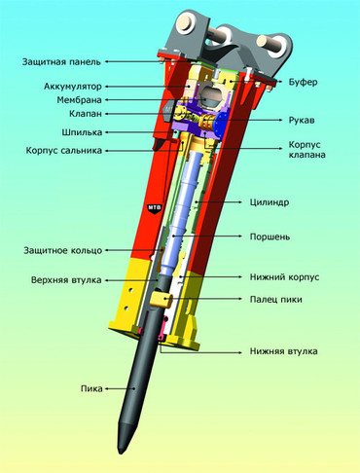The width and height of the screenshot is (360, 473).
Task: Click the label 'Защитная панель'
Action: point(61,61)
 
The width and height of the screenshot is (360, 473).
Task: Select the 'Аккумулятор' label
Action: point(73,87)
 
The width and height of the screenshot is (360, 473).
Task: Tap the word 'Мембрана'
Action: point(79,100)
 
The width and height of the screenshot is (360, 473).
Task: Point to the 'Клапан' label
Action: point(86,114)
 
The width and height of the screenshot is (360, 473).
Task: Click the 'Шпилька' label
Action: point(82,132)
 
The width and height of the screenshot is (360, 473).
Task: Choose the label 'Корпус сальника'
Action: point(64,151)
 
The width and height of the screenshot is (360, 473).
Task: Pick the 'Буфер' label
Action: point(303,82)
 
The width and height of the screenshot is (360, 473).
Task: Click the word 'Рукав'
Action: point(302,121)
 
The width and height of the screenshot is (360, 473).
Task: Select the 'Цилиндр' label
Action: point(270,202)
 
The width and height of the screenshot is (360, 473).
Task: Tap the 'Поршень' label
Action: point(270,236)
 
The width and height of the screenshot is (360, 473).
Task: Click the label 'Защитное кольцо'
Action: point(63,250)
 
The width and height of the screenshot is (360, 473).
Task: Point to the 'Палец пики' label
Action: point(275,299)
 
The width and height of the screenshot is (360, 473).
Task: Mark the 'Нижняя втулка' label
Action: point(283,351)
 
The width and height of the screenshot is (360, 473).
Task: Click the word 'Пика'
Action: point(91,388)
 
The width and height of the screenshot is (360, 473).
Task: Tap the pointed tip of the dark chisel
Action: point(121,452)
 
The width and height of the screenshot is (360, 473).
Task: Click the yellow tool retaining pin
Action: point(162,300)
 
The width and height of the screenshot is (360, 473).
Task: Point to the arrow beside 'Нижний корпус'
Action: point(211,277)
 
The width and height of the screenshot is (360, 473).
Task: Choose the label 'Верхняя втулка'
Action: point(66,280)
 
